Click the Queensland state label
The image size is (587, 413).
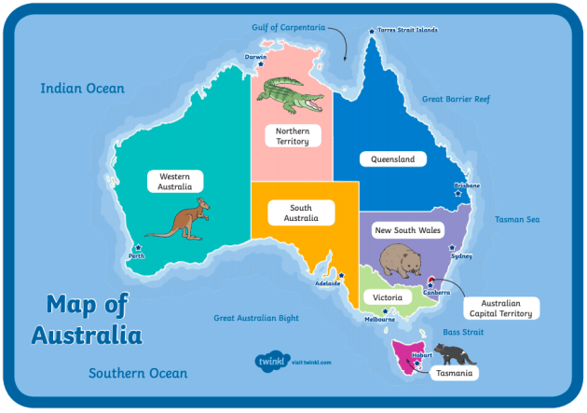coord(392,159)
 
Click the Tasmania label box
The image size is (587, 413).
coord(454,374)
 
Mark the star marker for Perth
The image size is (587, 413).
coord(139,247)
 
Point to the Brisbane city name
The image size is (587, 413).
coord(467,186)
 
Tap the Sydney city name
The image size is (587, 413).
coord(461,255)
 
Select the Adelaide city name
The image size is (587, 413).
coord(328,283)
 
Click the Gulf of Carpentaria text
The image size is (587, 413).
coord(288,27)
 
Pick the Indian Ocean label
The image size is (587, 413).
coord(82,89)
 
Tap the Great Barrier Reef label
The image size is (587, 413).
coord(455,98)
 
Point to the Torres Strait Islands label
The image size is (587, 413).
coord(408,30)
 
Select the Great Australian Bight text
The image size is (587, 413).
coord(256,318)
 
